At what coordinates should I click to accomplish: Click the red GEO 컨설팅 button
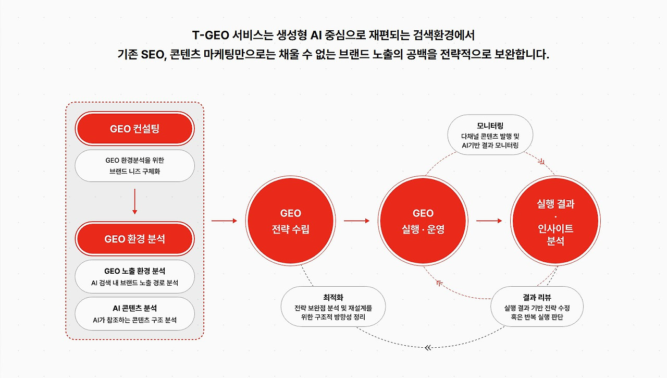click(134, 128)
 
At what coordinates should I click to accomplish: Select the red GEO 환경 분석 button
click(134, 239)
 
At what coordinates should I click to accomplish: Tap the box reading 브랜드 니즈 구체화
click(134, 166)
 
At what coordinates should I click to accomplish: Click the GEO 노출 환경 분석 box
click(134, 276)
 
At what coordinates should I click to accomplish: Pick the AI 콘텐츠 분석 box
click(134, 313)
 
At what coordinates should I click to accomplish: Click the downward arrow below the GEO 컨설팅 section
click(134, 202)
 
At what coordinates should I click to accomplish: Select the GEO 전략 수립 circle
click(290, 221)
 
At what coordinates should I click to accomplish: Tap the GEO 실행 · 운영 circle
click(423, 221)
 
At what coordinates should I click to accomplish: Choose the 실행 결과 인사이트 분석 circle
click(555, 221)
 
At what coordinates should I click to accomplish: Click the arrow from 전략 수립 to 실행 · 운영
click(356, 221)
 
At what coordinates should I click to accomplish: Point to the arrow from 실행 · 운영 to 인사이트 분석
click(489, 221)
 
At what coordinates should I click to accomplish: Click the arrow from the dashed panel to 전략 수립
click(224, 221)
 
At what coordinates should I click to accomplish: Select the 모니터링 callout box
click(490, 135)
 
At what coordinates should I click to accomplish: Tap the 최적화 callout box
click(333, 306)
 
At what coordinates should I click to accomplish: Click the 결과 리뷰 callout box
click(537, 306)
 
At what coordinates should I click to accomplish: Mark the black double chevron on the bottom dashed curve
click(428, 348)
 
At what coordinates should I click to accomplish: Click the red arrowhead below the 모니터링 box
click(541, 162)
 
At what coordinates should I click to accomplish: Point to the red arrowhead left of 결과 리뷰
click(439, 283)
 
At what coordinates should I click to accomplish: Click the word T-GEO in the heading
click(211, 35)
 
